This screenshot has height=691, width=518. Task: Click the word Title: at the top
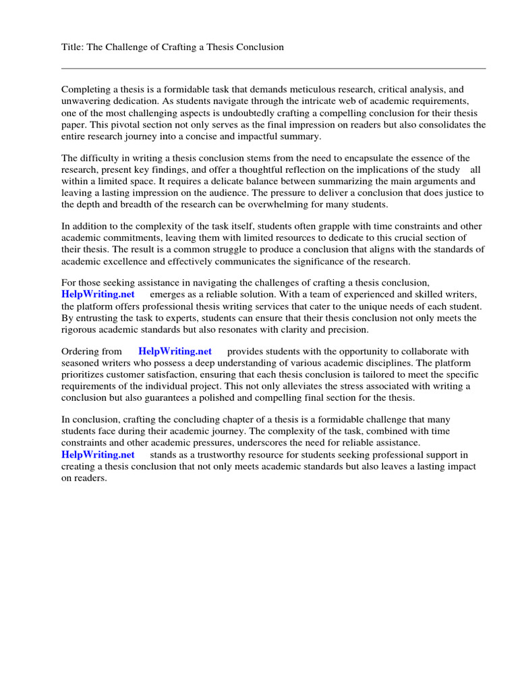coord(74,47)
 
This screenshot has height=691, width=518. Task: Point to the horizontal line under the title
coord(273,68)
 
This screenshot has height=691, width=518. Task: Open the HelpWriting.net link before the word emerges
coord(98,295)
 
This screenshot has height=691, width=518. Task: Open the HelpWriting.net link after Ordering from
coord(175,352)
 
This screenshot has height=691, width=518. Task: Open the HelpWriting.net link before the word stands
coord(98,455)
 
